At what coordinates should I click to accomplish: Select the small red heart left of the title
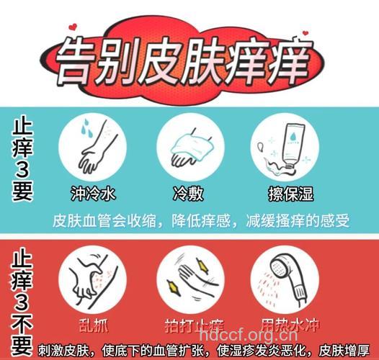coord(73,27)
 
